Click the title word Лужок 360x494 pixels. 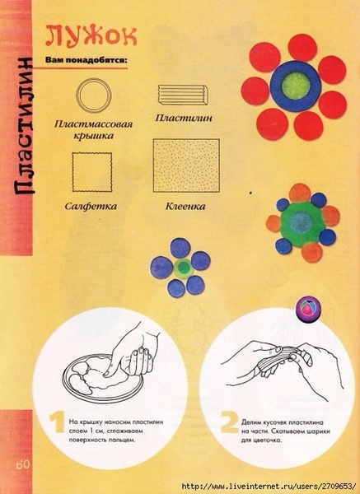click(x=91, y=36)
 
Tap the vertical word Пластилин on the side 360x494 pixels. click(x=24, y=125)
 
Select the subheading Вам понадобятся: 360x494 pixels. click(x=86, y=60)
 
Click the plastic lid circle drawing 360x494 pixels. click(x=94, y=96)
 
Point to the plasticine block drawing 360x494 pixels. click(x=183, y=95)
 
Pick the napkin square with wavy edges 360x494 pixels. click(x=92, y=172)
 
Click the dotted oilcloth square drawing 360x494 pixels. click(x=186, y=165)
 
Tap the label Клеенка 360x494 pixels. click(x=185, y=207)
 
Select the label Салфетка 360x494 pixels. click(x=91, y=207)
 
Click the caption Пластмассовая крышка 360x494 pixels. click(x=93, y=129)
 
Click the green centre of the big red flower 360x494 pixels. click(x=296, y=86)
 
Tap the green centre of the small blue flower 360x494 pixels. click(x=183, y=268)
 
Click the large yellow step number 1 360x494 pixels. click(x=57, y=423)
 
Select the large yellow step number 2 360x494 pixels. click(x=229, y=423)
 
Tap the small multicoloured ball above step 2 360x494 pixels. click(x=308, y=309)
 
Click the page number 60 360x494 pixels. click(x=23, y=464)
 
